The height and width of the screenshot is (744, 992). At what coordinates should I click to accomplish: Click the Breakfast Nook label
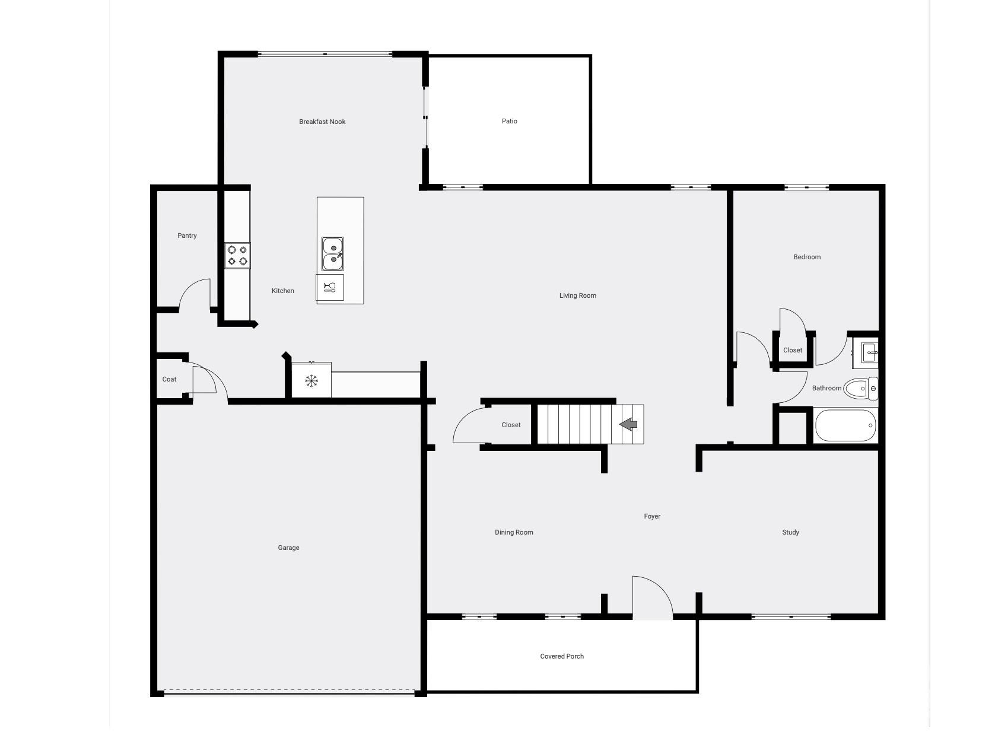(322, 122)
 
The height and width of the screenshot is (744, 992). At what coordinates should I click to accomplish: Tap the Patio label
(509, 121)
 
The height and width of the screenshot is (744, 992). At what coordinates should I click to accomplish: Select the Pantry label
(187, 236)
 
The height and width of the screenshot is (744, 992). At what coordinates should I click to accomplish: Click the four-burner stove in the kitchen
(237, 256)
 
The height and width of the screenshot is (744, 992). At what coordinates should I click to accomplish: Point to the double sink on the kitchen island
(333, 254)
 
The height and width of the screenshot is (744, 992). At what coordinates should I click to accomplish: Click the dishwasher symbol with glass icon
(329, 287)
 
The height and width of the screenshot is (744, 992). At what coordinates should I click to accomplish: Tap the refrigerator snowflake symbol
(311, 381)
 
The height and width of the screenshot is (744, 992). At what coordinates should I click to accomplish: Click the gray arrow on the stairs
(628, 424)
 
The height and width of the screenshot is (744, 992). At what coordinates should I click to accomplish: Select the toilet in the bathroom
(861, 389)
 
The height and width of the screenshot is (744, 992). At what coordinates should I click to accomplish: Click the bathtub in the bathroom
(845, 425)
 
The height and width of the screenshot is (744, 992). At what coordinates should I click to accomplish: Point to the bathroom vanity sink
(866, 352)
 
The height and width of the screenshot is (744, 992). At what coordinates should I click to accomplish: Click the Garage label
(288, 548)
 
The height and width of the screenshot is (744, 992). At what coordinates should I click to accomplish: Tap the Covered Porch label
(562, 656)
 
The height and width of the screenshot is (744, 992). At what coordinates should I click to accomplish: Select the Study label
(790, 533)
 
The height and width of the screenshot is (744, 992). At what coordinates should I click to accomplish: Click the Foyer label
(652, 516)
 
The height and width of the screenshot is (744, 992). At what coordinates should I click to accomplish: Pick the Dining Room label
(514, 533)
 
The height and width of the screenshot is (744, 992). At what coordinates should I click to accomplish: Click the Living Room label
(577, 296)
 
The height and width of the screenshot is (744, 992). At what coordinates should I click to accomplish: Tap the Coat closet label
(169, 380)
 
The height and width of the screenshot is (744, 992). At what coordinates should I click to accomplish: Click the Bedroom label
(807, 257)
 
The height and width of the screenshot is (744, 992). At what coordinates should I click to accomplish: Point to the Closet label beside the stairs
(511, 425)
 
